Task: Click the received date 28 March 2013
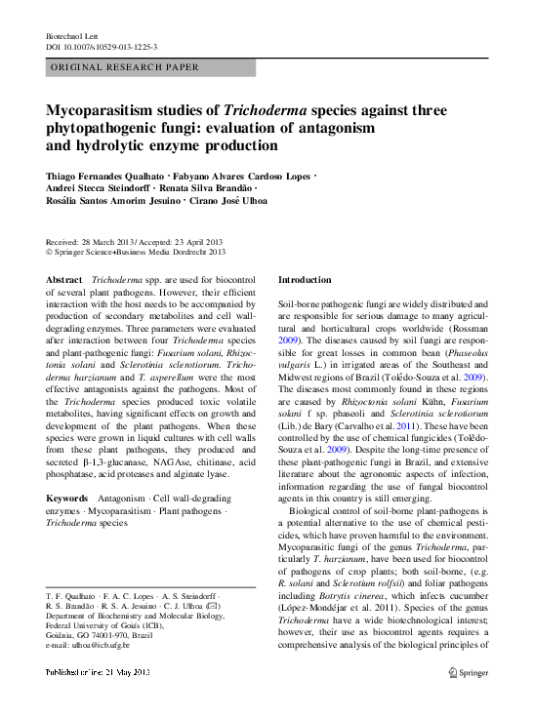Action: pos(108,241)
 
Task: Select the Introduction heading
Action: pos(305,279)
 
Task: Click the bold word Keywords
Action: pos(68,499)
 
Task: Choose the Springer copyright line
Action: pos(136,252)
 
